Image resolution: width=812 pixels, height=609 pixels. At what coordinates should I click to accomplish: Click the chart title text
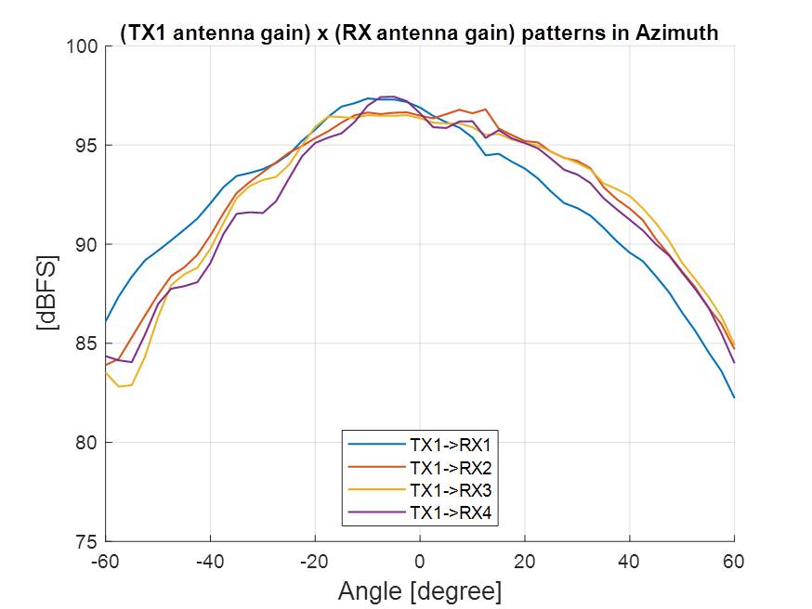[419, 32]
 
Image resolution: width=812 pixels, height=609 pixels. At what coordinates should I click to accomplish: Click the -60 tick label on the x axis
[105, 562]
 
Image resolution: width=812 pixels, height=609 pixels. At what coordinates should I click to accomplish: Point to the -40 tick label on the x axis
[210, 562]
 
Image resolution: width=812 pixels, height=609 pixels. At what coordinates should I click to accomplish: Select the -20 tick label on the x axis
[315, 562]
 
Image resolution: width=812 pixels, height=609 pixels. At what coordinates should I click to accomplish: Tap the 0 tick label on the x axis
[420, 562]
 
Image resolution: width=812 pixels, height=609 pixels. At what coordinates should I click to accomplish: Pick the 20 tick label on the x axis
[525, 562]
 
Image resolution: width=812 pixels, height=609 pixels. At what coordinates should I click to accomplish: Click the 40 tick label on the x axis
[630, 562]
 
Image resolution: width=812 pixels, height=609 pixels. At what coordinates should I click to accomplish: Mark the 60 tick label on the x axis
[734, 562]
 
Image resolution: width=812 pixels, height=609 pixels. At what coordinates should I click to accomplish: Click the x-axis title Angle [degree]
[420, 590]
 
